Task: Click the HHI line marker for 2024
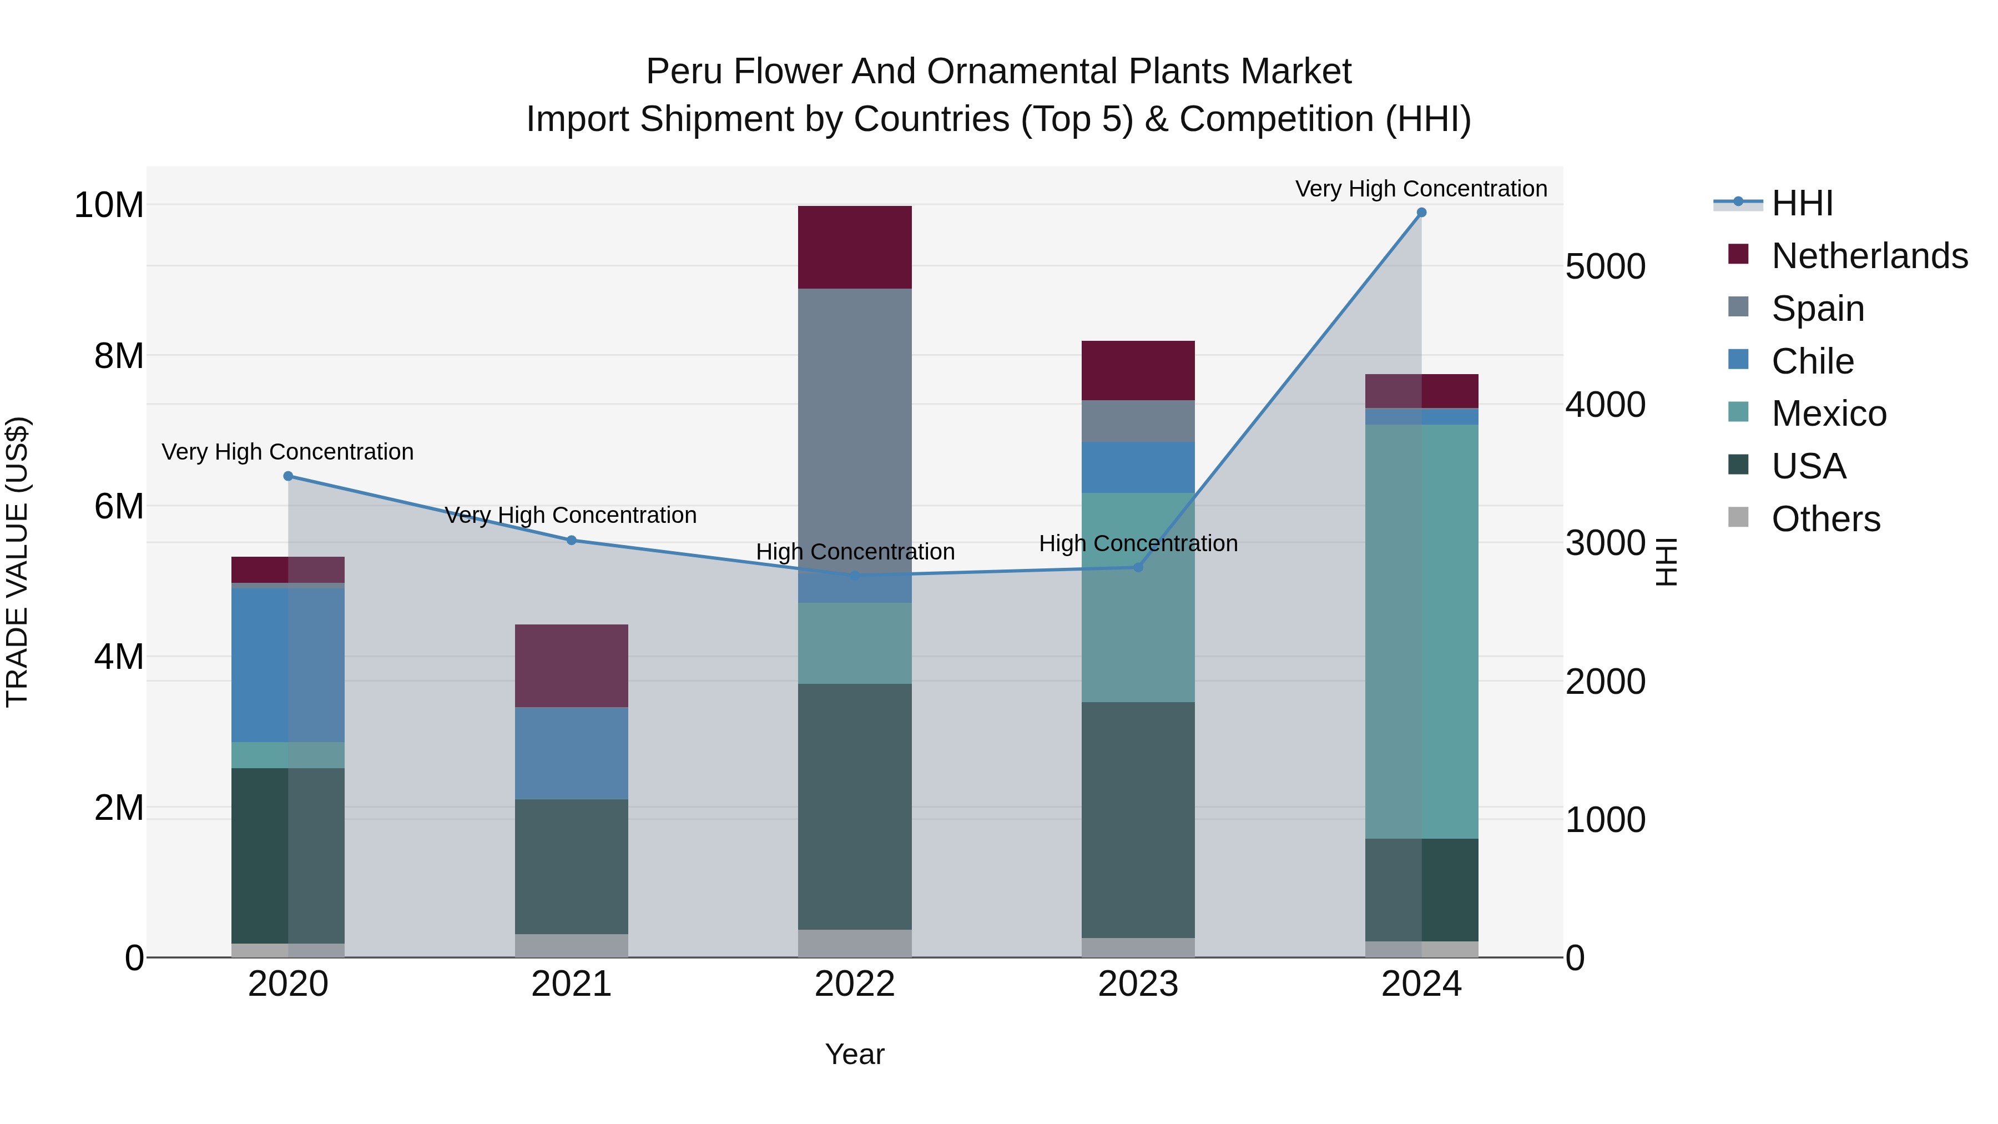pos(1421,213)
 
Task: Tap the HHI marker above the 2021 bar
pos(572,540)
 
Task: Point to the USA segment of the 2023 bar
pos(1138,819)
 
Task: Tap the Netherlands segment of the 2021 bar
pos(572,666)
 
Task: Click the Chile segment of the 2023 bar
pos(1138,467)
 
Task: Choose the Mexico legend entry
pos(1828,414)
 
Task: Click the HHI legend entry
pos(1802,203)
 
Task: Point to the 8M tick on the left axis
pos(119,356)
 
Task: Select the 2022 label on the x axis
pos(855,984)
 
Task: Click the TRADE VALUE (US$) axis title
pos(17,562)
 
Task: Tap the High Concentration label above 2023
pos(1138,544)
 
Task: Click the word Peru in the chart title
pos(683,72)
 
